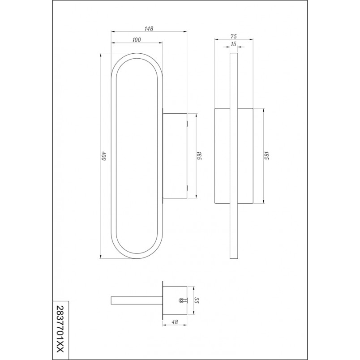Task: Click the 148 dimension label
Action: pyautogui.click(x=149, y=29)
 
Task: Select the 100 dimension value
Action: pyautogui.click(x=137, y=40)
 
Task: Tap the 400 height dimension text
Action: pyautogui.click(x=104, y=156)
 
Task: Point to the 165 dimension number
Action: pyautogui.click(x=199, y=156)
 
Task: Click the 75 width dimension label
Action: pyautogui.click(x=233, y=36)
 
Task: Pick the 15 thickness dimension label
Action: pyautogui.click(x=233, y=44)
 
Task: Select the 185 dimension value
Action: pyautogui.click(x=266, y=156)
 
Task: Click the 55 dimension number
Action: pyautogui.click(x=196, y=300)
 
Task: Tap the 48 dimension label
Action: pyautogui.click(x=175, y=322)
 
